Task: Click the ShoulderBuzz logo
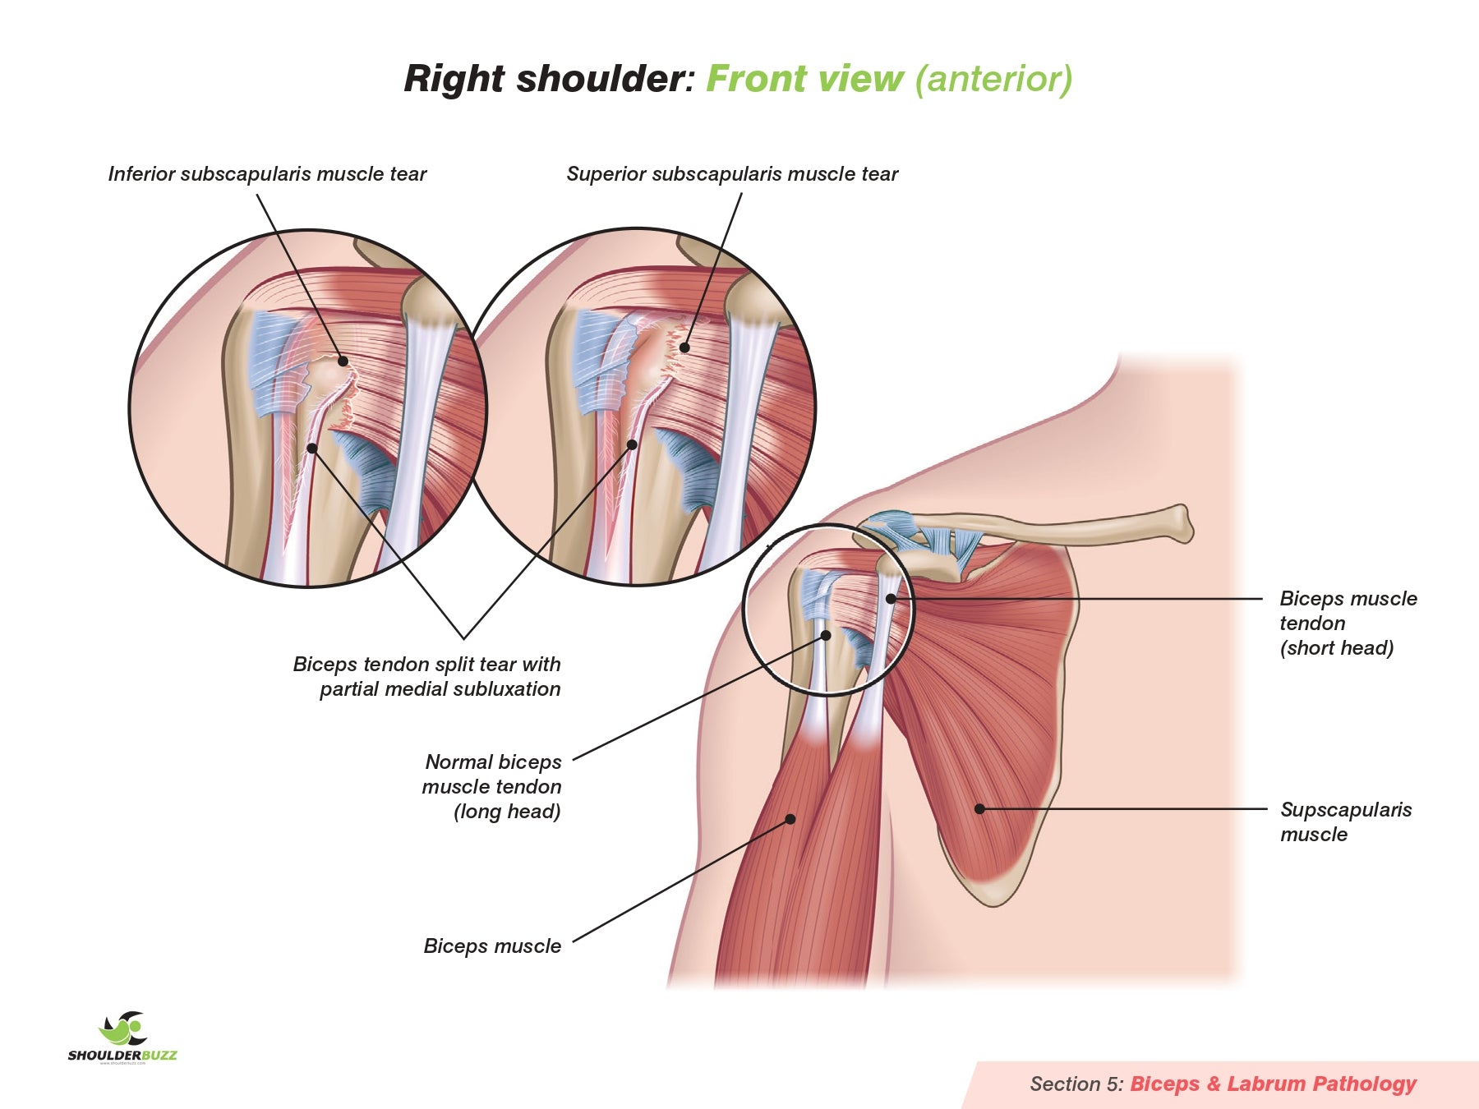[122, 1038]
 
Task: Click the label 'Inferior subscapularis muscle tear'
[267, 174]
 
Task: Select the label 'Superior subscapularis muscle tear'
[732, 174]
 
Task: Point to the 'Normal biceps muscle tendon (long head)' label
[492, 786]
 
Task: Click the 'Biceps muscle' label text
[492, 946]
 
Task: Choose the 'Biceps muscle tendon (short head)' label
[1348, 623]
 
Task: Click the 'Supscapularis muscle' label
[1345, 821]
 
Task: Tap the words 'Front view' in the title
[804, 79]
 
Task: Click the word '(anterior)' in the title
[993, 79]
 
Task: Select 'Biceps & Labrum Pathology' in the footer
[1273, 1084]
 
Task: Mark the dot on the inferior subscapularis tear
[343, 361]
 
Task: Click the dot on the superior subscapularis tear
[684, 347]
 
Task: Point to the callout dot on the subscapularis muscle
[979, 809]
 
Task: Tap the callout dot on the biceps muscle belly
[790, 819]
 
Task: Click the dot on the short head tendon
[891, 599]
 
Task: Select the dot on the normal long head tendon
[827, 635]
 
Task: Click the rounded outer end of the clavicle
[1182, 523]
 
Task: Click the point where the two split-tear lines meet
[464, 638]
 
